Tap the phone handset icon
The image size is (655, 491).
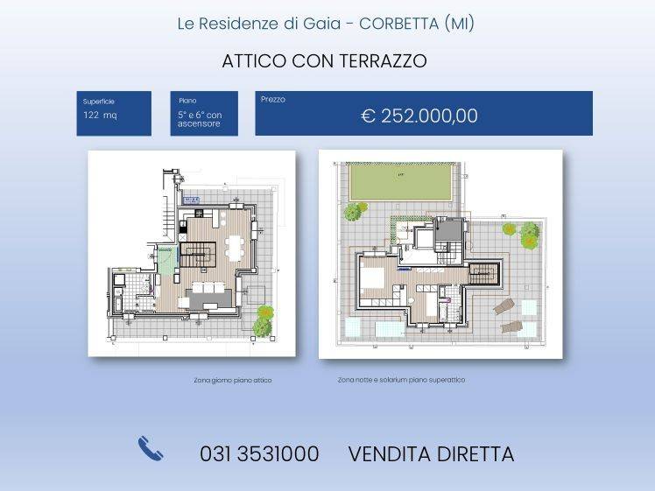[x=151, y=449]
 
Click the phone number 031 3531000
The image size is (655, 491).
[x=259, y=454]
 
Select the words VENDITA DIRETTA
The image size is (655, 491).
[x=431, y=454]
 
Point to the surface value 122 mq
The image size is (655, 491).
[x=100, y=116]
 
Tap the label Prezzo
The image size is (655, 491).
[x=272, y=100]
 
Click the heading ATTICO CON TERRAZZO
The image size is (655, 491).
[x=324, y=61]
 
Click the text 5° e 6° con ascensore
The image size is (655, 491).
[x=200, y=120]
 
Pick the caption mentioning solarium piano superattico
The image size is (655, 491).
[x=401, y=380]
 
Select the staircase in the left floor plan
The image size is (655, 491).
[x=198, y=256]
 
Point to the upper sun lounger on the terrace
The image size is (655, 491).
[x=504, y=306]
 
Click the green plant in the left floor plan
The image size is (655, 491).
[x=262, y=322]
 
